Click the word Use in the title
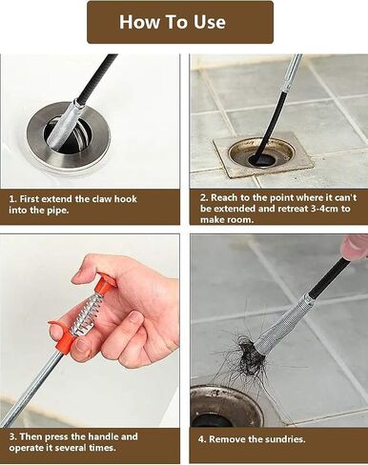tap(210, 22)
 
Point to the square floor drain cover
tap(264, 155)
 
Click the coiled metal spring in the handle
tap(84, 315)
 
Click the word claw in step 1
tap(102, 199)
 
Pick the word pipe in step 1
tap(57, 210)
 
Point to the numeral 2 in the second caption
tap(203, 197)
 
